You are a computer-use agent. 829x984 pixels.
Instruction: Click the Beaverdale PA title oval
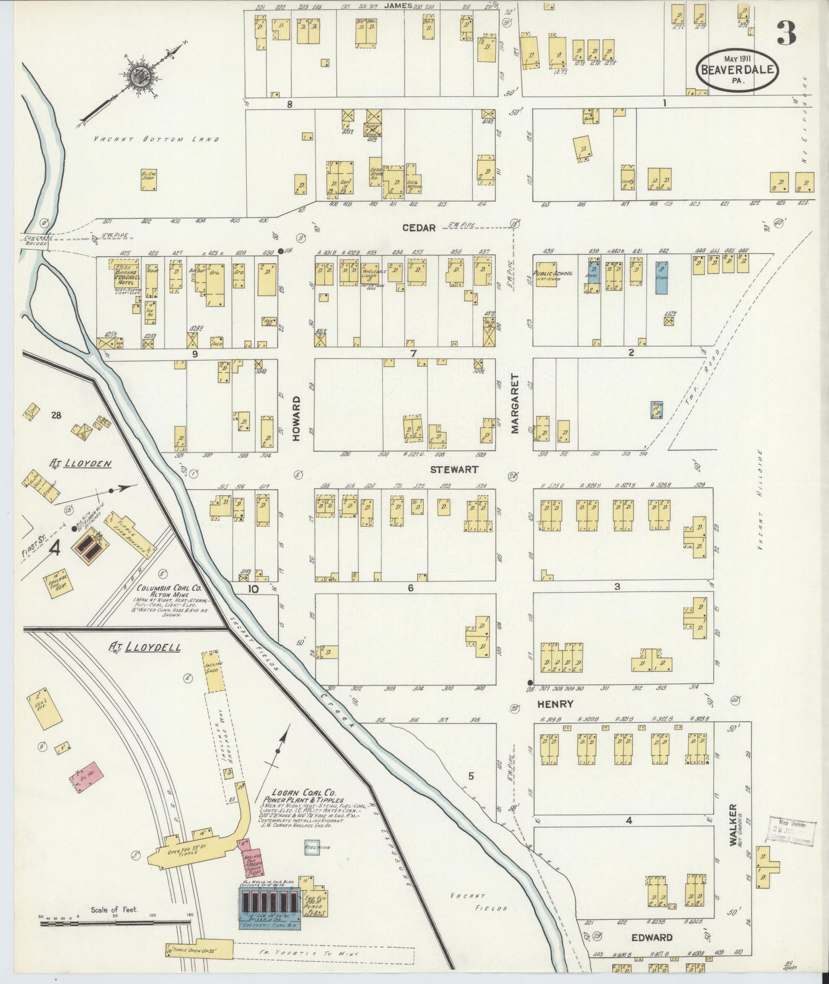[737, 69]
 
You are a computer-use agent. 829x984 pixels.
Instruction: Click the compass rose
[138, 76]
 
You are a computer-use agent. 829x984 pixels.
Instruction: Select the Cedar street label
[419, 228]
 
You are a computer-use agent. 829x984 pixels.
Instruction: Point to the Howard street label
[296, 419]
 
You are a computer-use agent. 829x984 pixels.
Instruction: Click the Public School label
[553, 274]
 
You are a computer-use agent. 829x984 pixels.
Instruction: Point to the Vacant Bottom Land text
[156, 140]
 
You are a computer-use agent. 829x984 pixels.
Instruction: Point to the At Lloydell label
[145, 647]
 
